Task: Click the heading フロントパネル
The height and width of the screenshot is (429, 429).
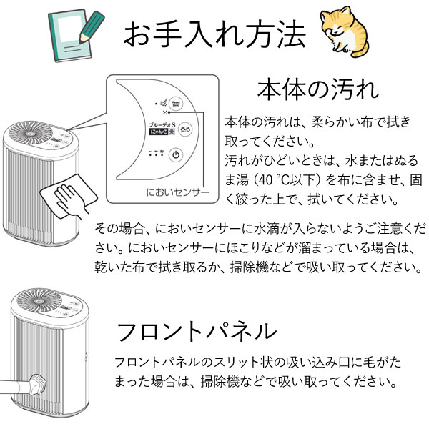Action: (x=195, y=331)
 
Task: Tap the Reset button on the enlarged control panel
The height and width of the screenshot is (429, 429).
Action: (x=174, y=104)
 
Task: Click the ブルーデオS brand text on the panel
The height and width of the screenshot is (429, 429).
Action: (x=156, y=124)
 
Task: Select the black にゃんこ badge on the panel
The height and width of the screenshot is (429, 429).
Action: (x=155, y=133)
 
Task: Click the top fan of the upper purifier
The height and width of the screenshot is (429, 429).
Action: (x=34, y=138)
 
